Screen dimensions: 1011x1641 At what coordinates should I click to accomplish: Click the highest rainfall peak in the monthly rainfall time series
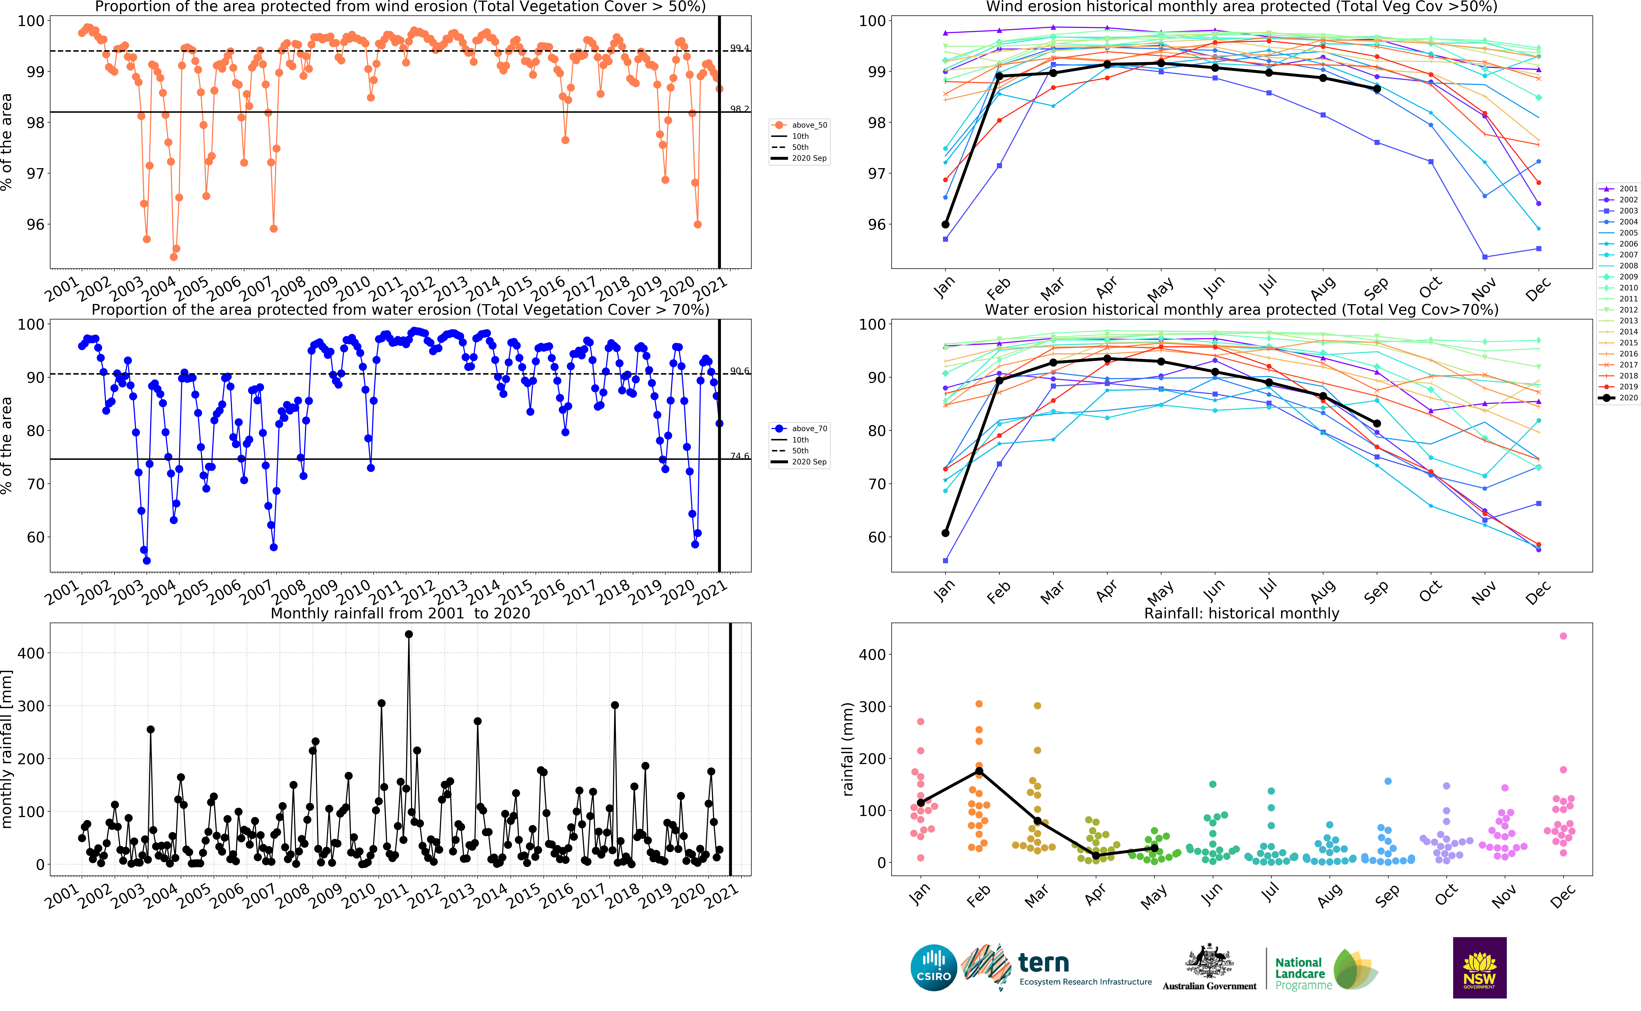pos(409,634)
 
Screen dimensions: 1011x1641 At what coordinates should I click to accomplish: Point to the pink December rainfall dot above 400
pos(1563,636)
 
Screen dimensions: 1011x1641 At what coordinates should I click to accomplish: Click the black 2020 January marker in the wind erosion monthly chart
pos(946,225)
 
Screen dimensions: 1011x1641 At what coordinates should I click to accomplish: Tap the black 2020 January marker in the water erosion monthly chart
pos(946,533)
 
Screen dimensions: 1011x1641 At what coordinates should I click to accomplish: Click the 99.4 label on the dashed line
pos(740,48)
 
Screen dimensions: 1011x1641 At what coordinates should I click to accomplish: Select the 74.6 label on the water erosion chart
pos(740,456)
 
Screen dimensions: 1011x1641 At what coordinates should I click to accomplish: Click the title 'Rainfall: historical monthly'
pos(1241,613)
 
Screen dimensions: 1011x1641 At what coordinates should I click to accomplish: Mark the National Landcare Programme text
pos(1301,974)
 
